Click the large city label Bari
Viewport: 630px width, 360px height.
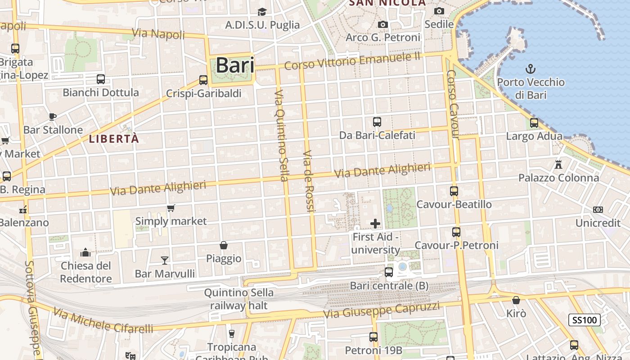pos(235,66)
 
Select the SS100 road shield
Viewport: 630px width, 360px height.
pos(584,320)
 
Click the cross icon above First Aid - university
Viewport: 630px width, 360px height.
pos(375,223)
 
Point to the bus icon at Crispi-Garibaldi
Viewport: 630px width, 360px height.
pos(203,80)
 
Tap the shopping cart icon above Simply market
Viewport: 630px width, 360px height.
pos(171,208)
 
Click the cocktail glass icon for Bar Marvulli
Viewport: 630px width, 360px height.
pos(165,260)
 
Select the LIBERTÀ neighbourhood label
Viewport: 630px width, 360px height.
pos(114,139)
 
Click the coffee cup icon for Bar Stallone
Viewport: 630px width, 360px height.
pos(53,117)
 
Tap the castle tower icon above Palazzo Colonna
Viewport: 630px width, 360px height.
pos(558,164)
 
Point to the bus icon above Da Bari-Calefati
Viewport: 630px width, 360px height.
pos(377,121)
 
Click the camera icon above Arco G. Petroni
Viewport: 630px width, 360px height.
pos(383,24)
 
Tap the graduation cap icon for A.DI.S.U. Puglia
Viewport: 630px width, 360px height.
pos(262,12)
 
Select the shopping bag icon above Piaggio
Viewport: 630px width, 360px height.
pos(223,245)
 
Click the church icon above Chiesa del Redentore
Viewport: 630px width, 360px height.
pos(85,252)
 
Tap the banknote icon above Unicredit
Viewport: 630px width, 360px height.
pos(598,210)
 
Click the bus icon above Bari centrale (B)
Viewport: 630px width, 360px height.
pos(389,272)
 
